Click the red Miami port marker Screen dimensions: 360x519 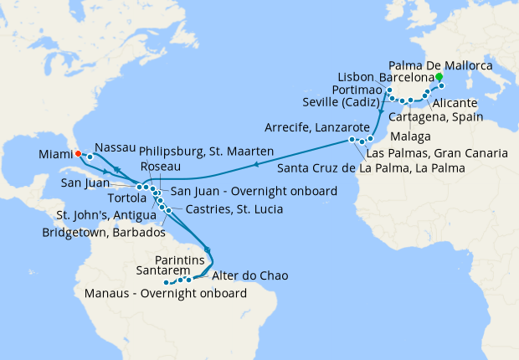click(x=76, y=153)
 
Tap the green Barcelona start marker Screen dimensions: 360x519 click(x=439, y=76)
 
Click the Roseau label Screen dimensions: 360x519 click(x=160, y=167)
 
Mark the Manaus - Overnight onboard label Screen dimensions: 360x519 click(x=166, y=293)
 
